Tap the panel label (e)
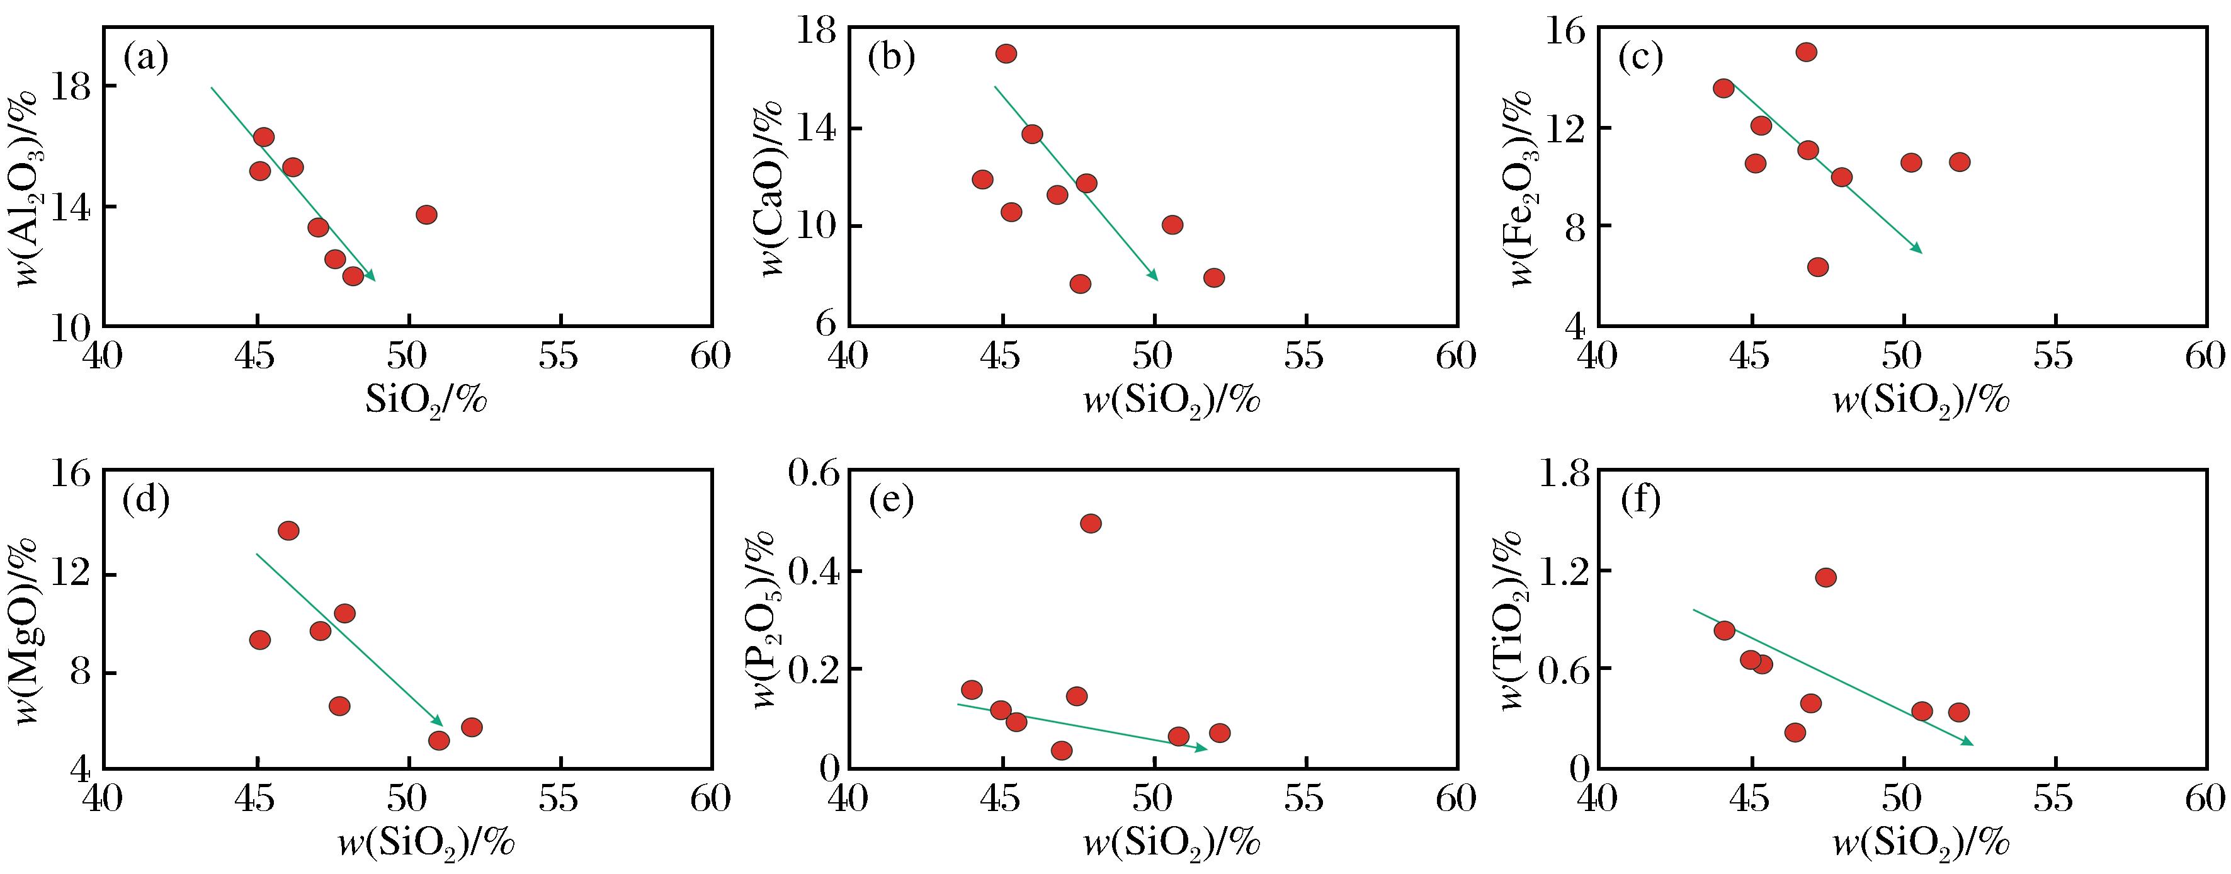(x=891, y=501)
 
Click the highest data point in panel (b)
(x=1006, y=54)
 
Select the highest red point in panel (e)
(x=1091, y=523)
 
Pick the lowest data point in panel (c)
(x=1818, y=267)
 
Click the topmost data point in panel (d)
(x=288, y=530)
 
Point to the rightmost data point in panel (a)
(x=426, y=215)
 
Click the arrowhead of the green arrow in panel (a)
(x=372, y=277)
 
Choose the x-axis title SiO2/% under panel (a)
(x=426, y=401)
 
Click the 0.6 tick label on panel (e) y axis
(x=814, y=473)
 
